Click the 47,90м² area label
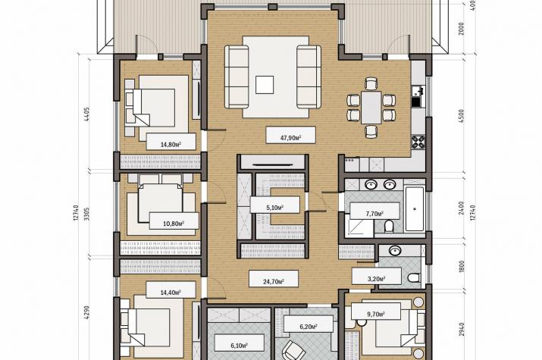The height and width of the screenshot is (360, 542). coord(290,138)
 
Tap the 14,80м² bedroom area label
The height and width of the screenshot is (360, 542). coord(171,145)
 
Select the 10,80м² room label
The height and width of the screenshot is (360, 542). coord(173,224)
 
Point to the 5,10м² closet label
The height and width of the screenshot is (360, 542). coord(275,208)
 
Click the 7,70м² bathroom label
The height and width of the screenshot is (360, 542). coord(374,214)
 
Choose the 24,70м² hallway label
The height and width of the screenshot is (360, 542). coord(274,282)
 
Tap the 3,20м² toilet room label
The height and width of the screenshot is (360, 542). coord(377,278)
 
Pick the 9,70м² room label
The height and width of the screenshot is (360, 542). coord(376,314)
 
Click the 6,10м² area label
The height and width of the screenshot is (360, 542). coord(239,346)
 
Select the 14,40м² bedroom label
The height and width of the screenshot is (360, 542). coord(171,293)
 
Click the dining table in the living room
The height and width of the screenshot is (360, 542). coord(371,107)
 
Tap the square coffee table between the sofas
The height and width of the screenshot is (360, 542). coord(265,85)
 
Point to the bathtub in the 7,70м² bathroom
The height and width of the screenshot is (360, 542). coord(415,209)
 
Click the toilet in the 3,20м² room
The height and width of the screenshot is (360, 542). coord(414,277)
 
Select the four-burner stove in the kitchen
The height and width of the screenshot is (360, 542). coord(418,142)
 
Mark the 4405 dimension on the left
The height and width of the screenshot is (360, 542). coord(86,114)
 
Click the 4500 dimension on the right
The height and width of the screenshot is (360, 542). coord(461,117)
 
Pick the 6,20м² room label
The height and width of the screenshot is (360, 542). coord(309,326)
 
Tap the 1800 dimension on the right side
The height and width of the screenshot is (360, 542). coord(461,266)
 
